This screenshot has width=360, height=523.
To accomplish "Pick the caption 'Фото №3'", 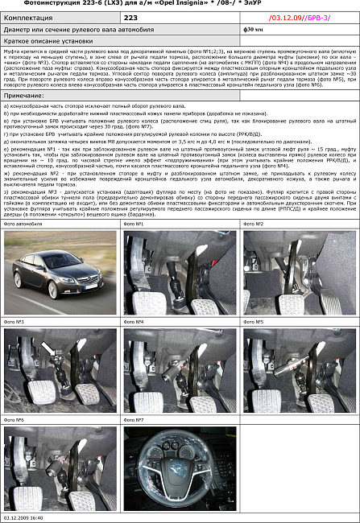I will click(x=14, y=322).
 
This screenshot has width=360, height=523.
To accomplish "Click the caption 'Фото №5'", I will click(x=254, y=322).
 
